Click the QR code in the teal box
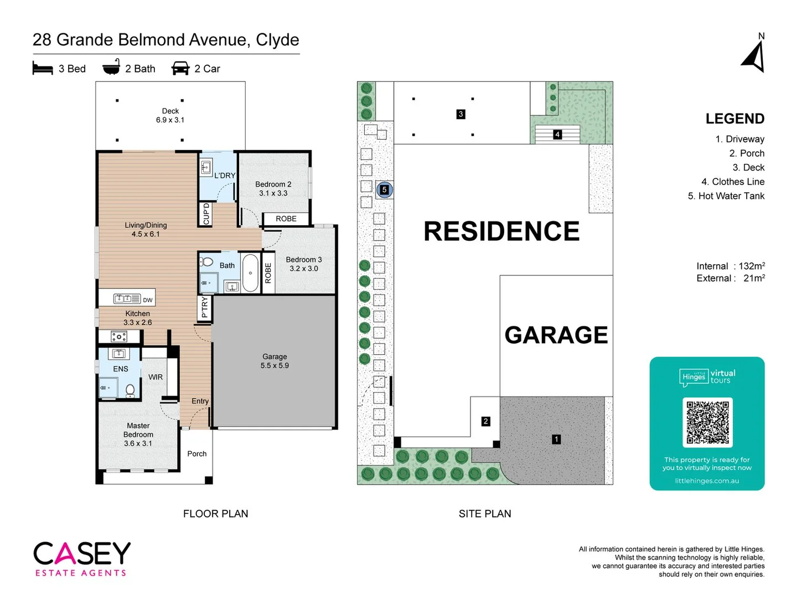(707, 422)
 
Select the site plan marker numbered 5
(384, 189)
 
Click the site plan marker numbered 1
(556, 439)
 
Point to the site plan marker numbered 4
(557, 135)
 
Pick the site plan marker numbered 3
(460, 114)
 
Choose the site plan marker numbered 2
(485, 421)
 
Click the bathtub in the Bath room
(250, 273)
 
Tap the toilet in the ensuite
(130, 390)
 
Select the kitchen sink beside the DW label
(127, 299)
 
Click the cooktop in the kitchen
(119, 336)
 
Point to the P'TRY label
(204, 307)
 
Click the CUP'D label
(206, 214)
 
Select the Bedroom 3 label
(303, 264)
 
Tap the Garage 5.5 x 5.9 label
(275, 361)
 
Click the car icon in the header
(180, 68)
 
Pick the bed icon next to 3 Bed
(43, 68)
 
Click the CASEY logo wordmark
(82, 553)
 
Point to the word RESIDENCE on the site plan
(501, 231)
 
